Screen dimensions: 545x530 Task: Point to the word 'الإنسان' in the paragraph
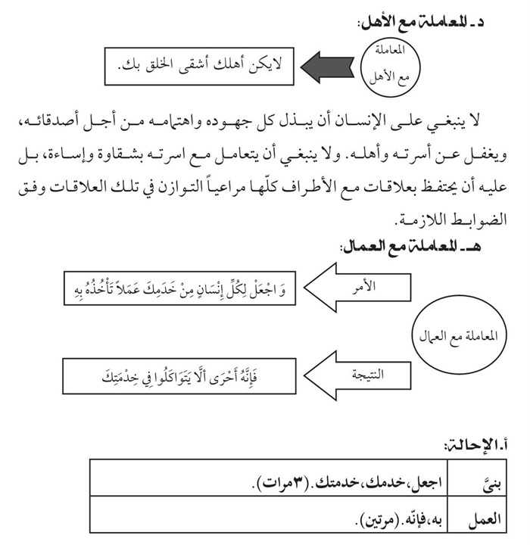354,123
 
